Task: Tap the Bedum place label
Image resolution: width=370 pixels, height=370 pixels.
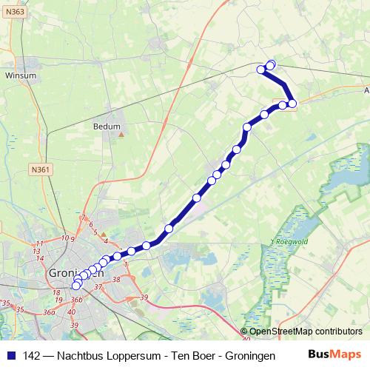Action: click(x=107, y=127)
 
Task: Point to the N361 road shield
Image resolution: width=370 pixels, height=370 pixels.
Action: click(x=41, y=169)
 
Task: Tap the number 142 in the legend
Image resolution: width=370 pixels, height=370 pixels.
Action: click(x=32, y=355)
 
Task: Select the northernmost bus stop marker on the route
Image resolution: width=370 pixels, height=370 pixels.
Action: click(x=271, y=64)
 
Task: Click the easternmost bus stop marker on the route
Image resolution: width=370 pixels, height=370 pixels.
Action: click(x=292, y=103)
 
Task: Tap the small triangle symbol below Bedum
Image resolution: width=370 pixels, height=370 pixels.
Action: click(x=123, y=135)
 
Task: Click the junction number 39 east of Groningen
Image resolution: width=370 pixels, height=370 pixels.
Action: click(x=144, y=297)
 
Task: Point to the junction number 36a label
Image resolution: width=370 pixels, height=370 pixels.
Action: click(x=50, y=312)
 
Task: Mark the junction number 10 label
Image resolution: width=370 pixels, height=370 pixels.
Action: click(x=65, y=238)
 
